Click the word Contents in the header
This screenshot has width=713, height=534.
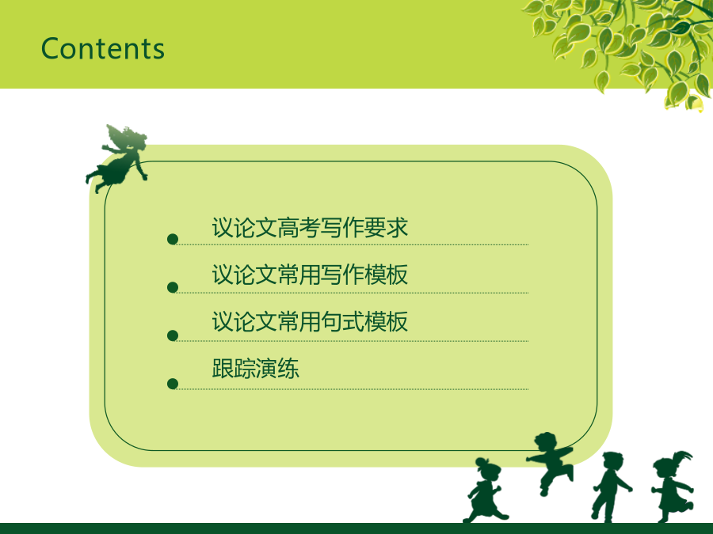103,48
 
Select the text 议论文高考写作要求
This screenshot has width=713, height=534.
310,228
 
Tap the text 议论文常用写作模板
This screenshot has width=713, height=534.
310,275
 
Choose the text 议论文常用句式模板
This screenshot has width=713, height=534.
310,322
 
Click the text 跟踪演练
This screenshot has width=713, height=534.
256,369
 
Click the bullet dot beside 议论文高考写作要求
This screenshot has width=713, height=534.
173,239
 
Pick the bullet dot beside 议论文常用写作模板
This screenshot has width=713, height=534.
173,287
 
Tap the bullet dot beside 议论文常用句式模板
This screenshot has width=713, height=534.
173,335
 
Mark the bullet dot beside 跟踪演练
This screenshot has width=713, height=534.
173,384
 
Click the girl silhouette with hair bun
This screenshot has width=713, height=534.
486,490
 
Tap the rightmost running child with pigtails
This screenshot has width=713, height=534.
673,487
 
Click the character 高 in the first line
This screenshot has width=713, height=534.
288,228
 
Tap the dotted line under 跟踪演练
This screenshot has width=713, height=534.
353,389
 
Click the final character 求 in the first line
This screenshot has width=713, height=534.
397,228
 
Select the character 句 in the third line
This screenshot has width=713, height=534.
331,322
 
